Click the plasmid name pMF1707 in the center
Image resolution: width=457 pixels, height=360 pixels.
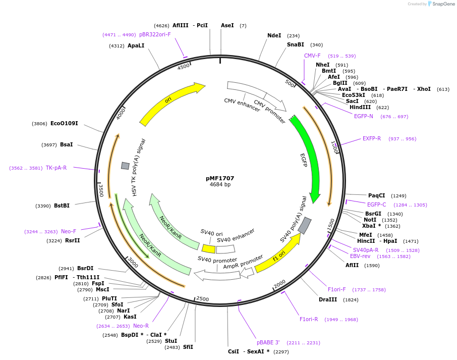[220, 178]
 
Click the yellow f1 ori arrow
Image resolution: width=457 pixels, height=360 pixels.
[277, 254]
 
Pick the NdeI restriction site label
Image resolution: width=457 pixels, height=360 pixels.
[274, 35]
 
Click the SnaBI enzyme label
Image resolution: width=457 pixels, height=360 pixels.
[296, 44]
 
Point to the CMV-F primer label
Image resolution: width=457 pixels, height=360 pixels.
[312, 56]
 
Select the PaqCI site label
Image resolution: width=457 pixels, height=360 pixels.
[376, 195]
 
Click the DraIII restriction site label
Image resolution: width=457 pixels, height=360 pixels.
[328, 299]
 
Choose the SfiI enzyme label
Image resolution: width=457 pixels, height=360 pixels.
[188, 347]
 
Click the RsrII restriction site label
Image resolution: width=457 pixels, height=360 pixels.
[73, 240]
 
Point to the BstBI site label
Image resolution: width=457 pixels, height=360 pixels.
[62, 205]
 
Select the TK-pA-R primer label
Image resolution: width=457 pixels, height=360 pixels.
[56, 168]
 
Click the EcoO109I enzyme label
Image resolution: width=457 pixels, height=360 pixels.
[64, 123]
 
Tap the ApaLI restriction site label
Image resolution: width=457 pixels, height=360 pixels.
[136, 45]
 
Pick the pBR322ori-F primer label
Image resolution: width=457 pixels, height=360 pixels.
[155, 34]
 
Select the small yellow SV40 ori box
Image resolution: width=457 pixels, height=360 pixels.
[208, 249]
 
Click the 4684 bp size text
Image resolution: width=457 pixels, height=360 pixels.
[220, 185]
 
